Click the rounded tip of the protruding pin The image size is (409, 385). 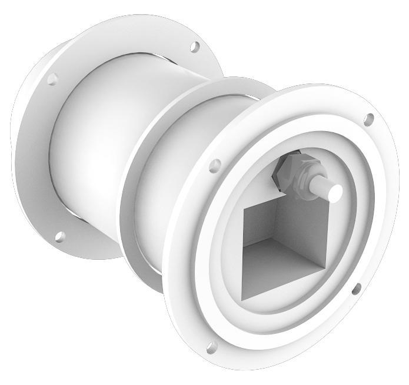coord(335,190)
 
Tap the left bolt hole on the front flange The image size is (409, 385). coord(215,165)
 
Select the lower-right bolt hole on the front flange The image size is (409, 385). coord(356,289)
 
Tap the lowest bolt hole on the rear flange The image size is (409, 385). coord(59,236)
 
